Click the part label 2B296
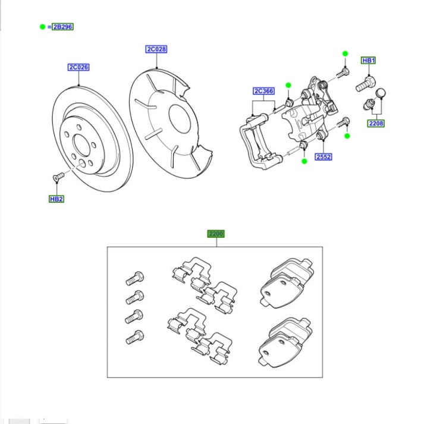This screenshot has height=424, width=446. point(62,27)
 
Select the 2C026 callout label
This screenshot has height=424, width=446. point(78,67)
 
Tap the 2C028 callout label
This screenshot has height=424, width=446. point(156,49)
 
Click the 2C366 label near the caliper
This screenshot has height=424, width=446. point(263,91)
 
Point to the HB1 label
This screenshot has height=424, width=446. point(369,61)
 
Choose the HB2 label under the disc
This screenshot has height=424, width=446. point(56,199)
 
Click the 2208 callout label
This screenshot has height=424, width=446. point(376,124)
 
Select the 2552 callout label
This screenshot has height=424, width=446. point(324,157)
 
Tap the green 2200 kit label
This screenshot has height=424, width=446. point(215,234)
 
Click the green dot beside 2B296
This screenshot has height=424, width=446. point(42,27)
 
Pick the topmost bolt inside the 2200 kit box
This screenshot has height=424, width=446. point(134,278)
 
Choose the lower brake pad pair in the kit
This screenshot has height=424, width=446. point(285,339)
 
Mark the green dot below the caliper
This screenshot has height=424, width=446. point(304,161)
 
